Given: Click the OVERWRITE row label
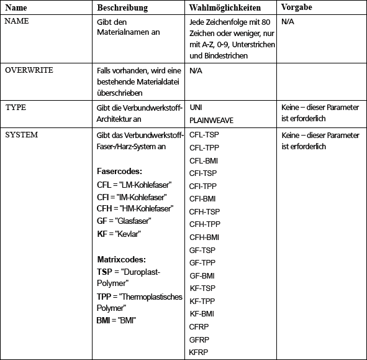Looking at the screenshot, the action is pyautogui.click(x=29, y=70).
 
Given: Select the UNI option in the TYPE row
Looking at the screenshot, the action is pyautogui.click(x=196, y=108).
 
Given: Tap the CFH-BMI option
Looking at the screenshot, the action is pyautogui.click(x=204, y=237).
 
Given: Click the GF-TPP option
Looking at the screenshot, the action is pyautogui.click(x=202, y=262).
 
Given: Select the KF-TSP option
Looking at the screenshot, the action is pyautogui.click(x=202, y=288).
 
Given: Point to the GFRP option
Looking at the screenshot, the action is pyautogui.click(x=199, y=339).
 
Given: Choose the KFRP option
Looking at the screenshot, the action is pyautogui.click(x=198, y=352).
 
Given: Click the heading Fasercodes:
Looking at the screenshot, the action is pyautogui.click(x=120, y=170).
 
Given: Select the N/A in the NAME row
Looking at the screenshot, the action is pyautogui.click(x=288, y=22).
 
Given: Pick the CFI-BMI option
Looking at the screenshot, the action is pyautogui.click(x=203, y=199).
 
